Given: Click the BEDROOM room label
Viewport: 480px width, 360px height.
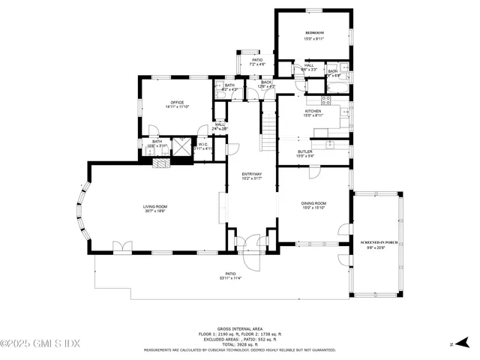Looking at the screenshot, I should click(x=314, y=34).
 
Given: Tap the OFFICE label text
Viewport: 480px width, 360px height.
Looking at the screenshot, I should click(x=177, y=103).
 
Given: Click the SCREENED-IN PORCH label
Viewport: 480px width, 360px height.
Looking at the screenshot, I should click(x=379, y=243).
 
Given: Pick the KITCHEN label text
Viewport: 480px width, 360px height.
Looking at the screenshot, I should click(x=313, y=111).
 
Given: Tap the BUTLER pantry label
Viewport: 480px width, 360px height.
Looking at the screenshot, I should click(x=304, y=151).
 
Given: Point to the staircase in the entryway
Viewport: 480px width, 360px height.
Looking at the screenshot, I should click(x=268, y=131).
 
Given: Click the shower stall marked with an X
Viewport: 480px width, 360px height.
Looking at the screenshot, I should click(x=181, y=146).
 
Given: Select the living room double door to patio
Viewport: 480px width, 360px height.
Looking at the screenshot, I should click(x=121, y=247).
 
